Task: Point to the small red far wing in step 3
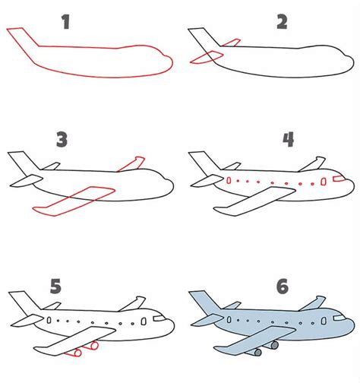pos(133,163)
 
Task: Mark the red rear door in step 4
pos(229,181)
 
